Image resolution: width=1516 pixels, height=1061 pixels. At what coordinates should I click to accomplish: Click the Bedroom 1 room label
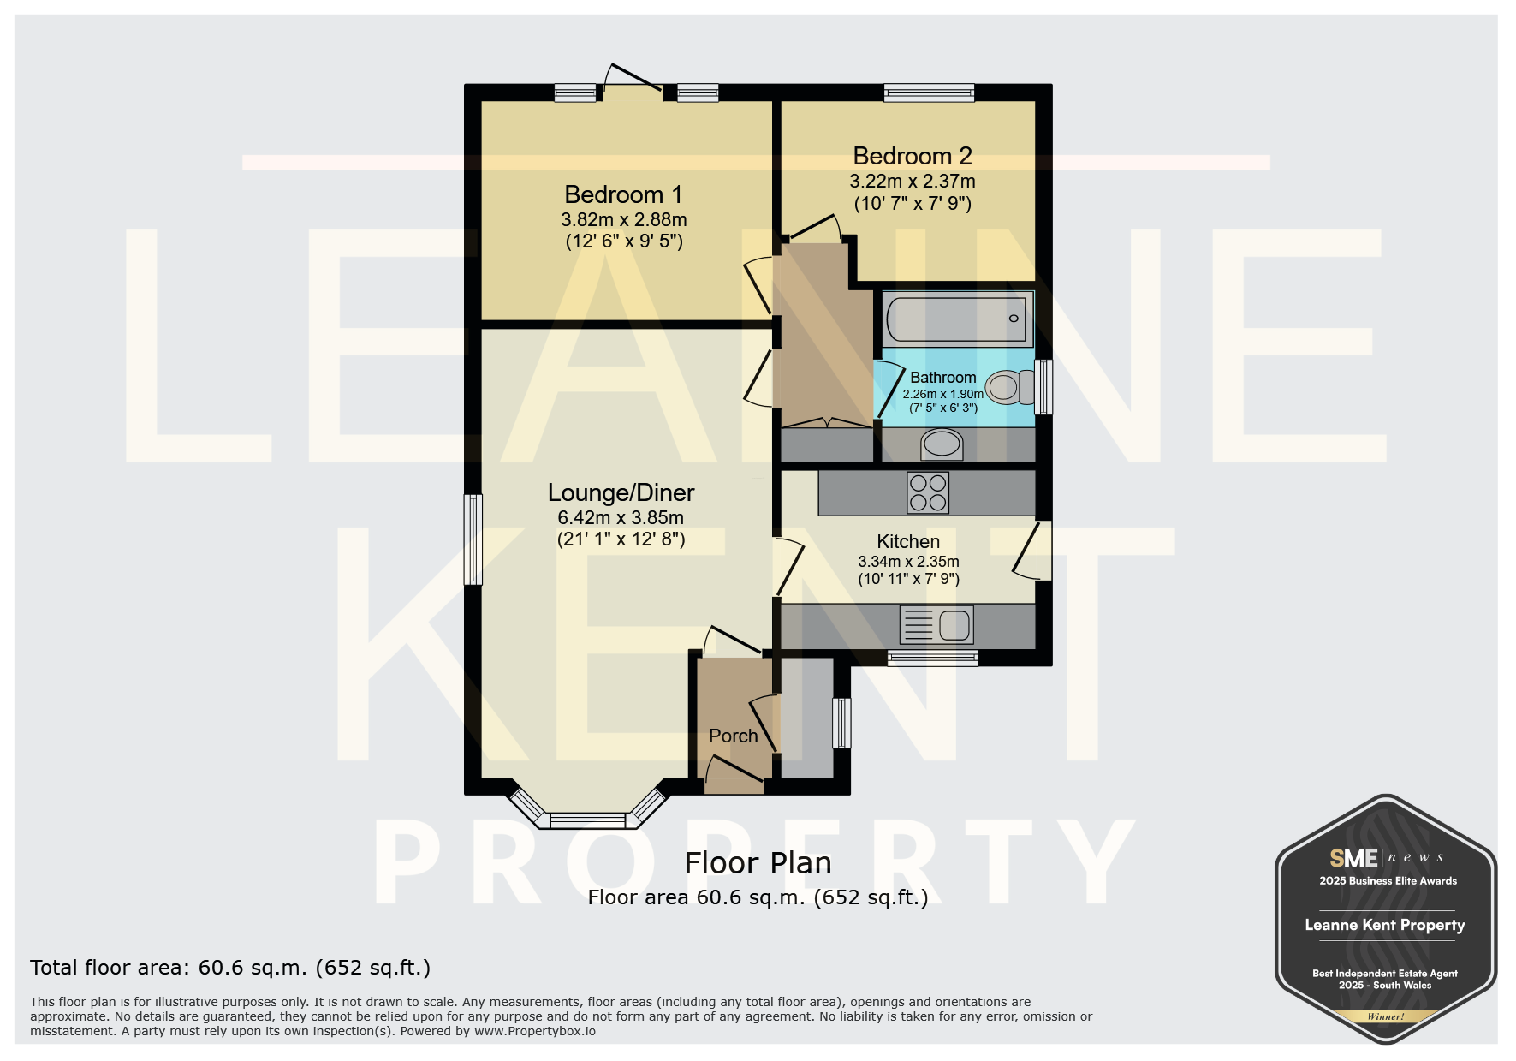coord(623,195)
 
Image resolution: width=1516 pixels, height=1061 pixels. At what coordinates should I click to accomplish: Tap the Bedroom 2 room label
coord(913,157)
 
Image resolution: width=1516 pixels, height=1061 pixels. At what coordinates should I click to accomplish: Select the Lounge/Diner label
coord(621,493)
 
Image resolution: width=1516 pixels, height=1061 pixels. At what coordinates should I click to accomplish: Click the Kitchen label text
coord(908,542)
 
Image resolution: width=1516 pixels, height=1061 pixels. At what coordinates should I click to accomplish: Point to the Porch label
coord(734,736)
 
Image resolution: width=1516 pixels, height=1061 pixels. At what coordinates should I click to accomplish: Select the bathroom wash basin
coord(942,444)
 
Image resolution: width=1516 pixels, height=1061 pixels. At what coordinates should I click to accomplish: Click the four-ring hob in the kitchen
coord(928,492)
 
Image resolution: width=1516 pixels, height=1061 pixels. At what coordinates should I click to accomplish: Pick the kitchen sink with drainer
coord(936,624)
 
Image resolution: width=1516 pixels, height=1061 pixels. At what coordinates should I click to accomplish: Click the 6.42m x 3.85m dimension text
coord(621,518)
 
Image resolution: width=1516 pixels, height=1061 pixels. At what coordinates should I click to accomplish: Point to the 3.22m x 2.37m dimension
coord(913,182)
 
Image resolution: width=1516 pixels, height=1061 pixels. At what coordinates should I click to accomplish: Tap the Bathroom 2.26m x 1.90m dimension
coord(942,395)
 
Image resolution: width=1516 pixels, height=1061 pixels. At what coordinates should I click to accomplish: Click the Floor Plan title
coord(758,863)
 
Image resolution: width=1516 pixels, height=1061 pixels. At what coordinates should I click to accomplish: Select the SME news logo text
coord(1386,857)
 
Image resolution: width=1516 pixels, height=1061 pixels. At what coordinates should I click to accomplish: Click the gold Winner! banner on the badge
coord(1385,1016)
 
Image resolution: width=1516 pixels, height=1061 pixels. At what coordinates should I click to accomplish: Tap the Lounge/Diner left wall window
coord(473,539)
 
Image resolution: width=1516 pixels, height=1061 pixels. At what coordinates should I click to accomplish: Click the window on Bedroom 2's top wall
coord(929,92)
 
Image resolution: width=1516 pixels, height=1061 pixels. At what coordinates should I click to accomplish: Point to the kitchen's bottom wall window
coord(932,658)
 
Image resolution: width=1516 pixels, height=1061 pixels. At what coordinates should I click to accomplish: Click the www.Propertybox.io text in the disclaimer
coord(535,1031)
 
